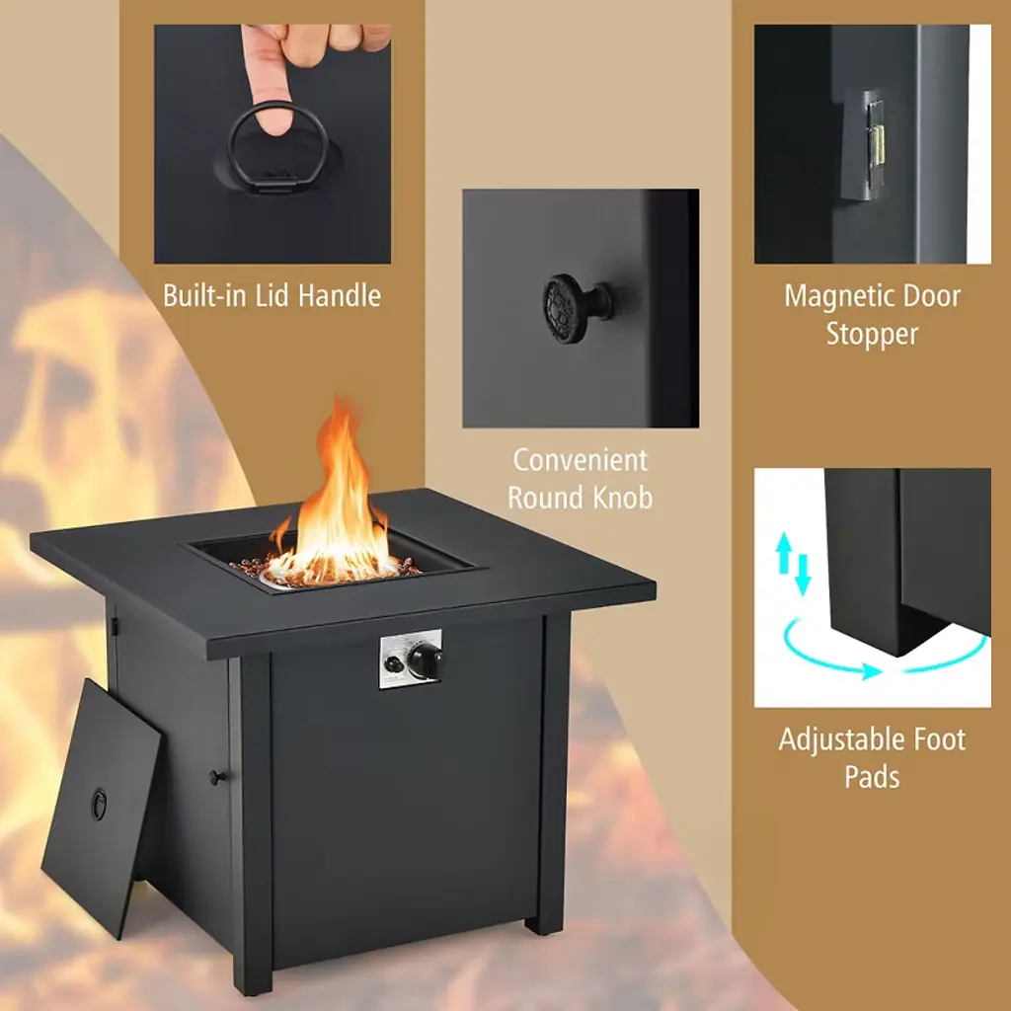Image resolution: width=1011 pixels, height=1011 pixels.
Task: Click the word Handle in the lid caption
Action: point(340,296)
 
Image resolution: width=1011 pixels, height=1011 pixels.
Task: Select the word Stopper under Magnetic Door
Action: point(872,334)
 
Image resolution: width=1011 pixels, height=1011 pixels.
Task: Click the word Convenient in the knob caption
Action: point(581,460)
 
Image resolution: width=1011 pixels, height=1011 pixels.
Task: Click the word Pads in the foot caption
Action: point(872,776)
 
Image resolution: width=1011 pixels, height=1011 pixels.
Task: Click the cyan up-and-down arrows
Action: point(793,562)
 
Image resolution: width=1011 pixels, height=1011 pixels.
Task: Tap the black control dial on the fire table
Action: point(425,660)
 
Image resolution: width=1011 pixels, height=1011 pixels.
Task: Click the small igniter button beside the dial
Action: point(392,663)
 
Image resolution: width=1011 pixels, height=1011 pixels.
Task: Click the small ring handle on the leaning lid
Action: point(99,804)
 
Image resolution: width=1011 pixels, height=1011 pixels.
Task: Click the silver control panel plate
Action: point(411,659)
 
